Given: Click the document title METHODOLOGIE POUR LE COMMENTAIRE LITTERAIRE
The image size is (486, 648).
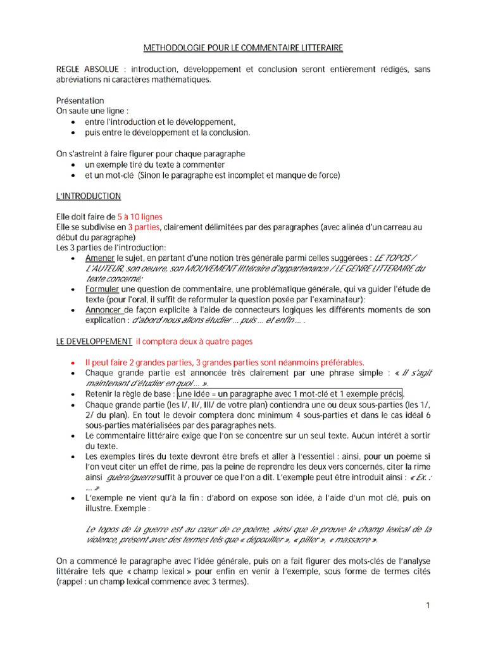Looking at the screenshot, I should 242,48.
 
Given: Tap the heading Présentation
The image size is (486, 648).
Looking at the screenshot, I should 80,101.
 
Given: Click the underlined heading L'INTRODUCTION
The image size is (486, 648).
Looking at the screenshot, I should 89,196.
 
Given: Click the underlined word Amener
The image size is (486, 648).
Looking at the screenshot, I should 100,258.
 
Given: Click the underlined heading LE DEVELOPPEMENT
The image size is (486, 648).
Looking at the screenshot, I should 94,341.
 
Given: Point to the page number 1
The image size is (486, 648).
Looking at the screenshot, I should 428,606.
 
